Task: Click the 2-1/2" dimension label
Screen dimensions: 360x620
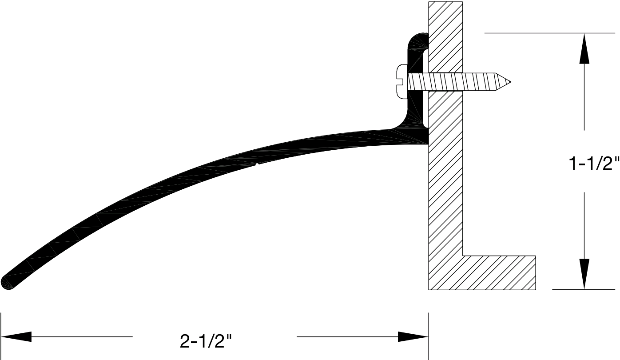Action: [x=207, y=341]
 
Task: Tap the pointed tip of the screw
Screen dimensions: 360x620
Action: [x=509, y=82]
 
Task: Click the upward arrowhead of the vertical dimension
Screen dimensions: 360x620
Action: [x=584, y=49]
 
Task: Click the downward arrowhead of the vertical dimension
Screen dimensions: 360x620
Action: [x=584, y=274]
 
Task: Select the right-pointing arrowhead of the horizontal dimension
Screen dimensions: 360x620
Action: [x=413, y=336]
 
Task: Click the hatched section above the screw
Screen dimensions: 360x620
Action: [x=445, y=36]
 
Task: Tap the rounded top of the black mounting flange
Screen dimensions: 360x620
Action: [x=417, y=37]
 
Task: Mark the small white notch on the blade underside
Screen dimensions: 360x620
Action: [x=257, y=165]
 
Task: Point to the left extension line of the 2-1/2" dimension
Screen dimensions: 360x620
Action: [x=1, y=336]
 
